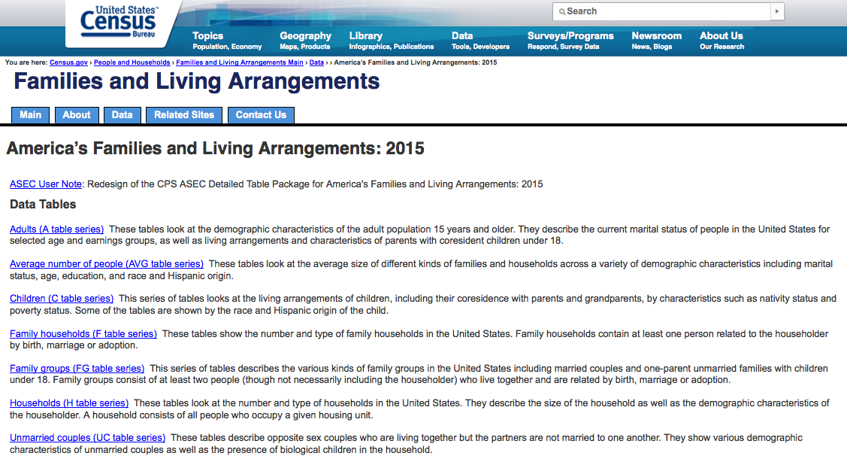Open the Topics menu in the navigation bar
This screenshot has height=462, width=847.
coord(208,36)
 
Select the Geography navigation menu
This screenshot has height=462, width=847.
coord(305,36)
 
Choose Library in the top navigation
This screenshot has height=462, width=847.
coord(366,36)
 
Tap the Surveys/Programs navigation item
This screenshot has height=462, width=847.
coord(570,36)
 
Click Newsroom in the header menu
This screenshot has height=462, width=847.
coord(656,36)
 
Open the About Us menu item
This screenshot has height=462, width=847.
coord(721,36)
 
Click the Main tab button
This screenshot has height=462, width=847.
coord(31,115)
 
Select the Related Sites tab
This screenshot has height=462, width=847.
coord(184,115)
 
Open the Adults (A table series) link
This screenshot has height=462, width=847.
coord(57,229)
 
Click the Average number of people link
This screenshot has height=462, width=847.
coord(107,264)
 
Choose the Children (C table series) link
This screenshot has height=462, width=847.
coord(62,299)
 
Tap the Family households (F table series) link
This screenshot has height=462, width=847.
coord(83,333)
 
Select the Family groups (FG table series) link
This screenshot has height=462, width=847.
coord(77,369)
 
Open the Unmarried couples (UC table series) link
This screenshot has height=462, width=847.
coord(87,438)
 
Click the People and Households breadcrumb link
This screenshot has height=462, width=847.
coord(132,62)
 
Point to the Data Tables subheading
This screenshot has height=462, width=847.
coord(43,205)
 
